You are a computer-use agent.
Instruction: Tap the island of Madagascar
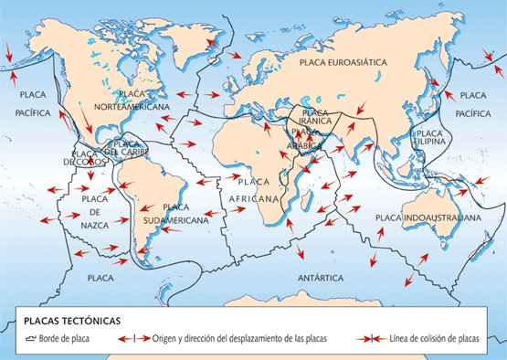(314, 211)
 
